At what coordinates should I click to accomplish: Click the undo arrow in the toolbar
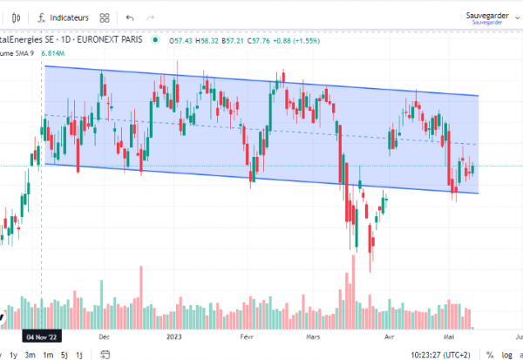pos(130,17)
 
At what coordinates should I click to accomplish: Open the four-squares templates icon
pos(105,17)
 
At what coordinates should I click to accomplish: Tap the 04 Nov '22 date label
pos(40,336)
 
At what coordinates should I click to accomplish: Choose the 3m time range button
pos(30,354)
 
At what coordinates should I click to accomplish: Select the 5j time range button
pos(63,354)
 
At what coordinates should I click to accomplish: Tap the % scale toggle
pos(490,354)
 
